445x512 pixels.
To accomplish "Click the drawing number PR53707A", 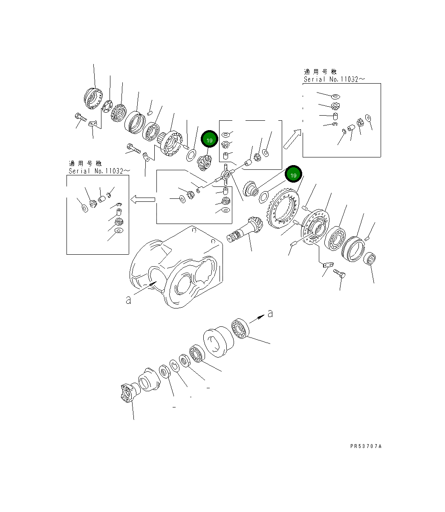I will tap(366, 446).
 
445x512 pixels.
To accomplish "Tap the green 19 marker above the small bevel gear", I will tap(209, 140).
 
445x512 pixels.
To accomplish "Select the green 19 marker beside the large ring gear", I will tap(293, 175).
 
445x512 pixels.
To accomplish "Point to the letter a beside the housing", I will tap(128, 300).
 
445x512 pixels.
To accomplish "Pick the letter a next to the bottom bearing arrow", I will tap(270, 314).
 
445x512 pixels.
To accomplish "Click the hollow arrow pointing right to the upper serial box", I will tap(292, 139).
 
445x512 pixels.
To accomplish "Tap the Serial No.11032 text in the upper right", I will tap(334, 79).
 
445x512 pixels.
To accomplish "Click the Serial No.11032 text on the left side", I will tap(99, 171).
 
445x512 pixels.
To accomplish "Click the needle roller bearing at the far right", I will tap(371, 259).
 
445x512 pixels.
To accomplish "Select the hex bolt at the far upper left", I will tap(80, 116).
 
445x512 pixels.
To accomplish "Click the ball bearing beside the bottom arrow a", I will tap(240, 329).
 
